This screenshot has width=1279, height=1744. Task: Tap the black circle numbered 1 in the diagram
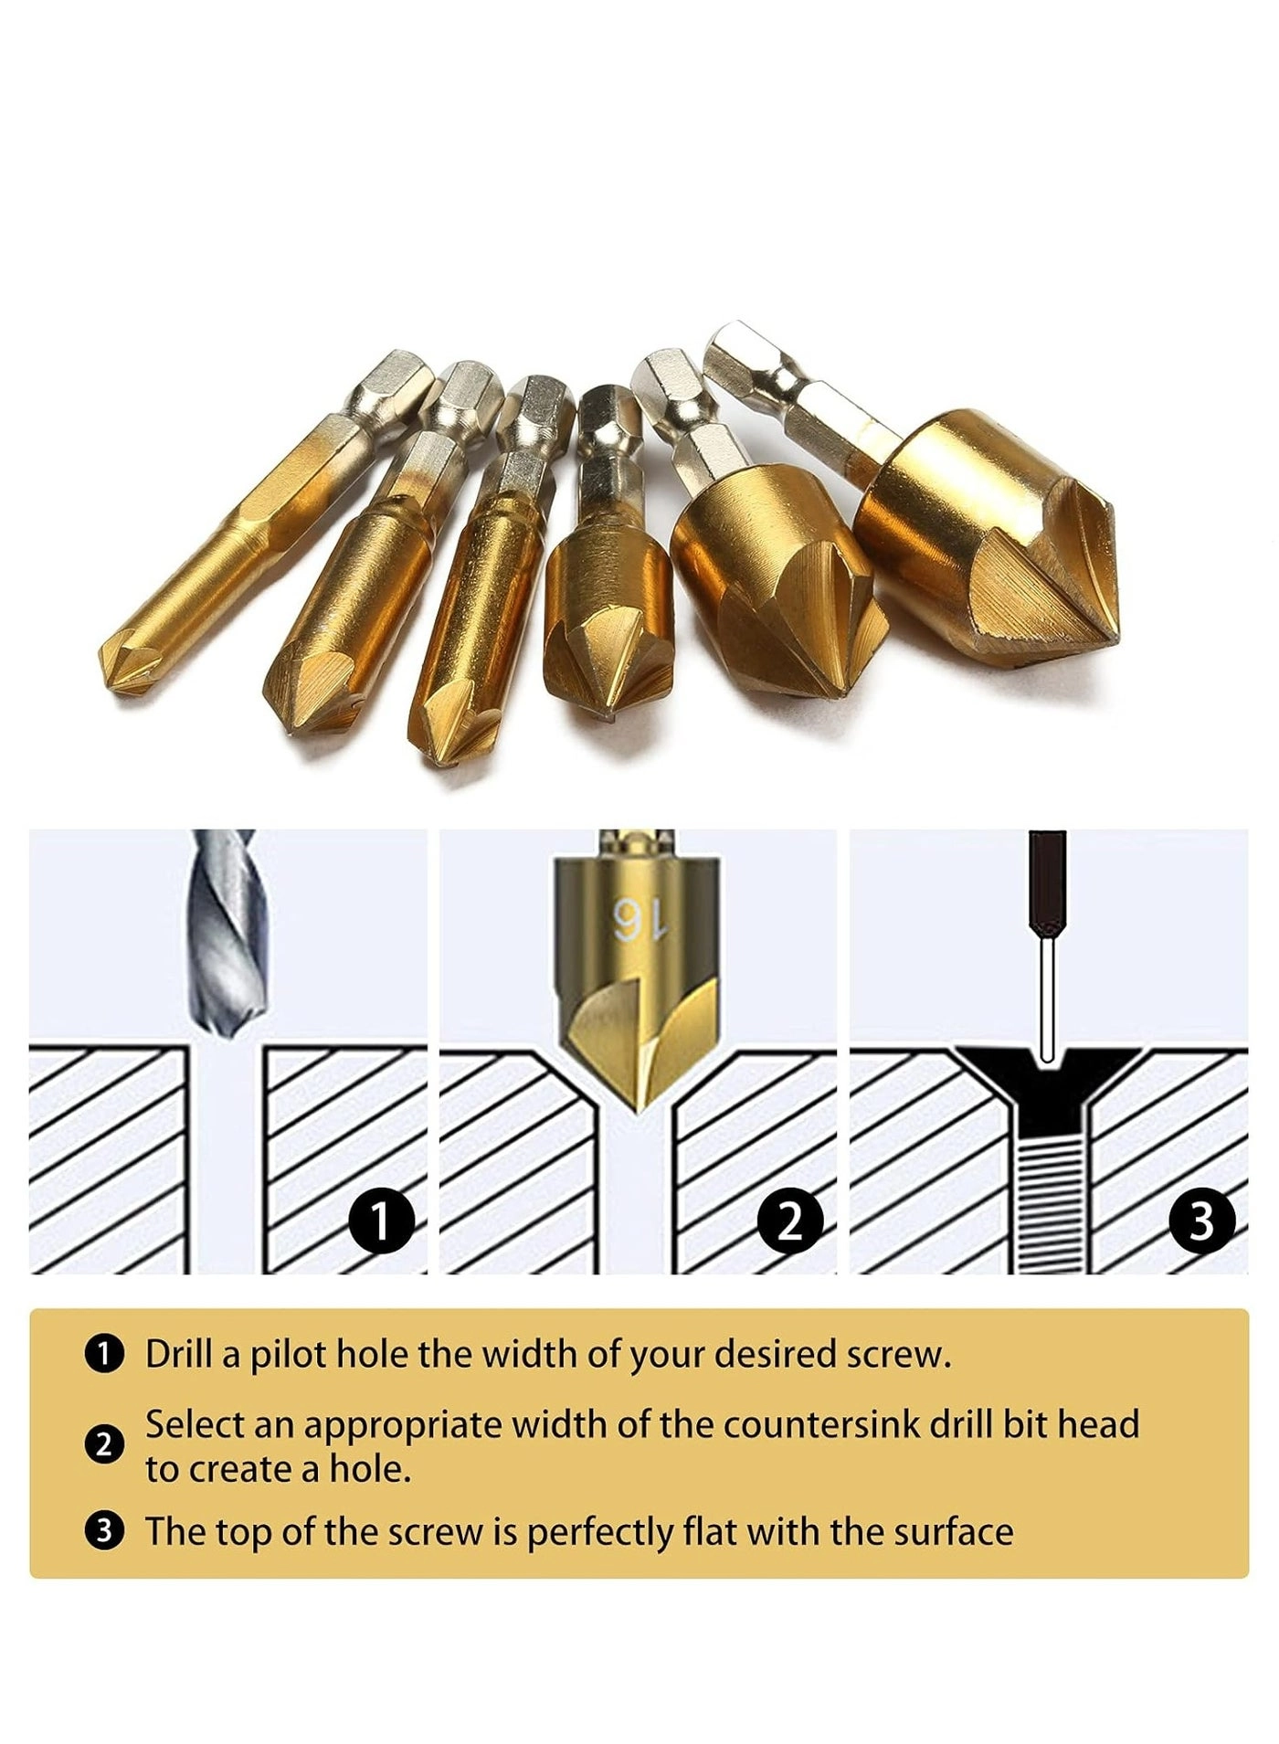pos(382,1221)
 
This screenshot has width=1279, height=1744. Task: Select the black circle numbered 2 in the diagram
pos(791,1221)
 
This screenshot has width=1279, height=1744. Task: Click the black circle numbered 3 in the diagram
pos(1201,1221)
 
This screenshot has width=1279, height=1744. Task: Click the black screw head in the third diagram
pos(1048,1078)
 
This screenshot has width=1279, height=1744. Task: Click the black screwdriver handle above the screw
pos(1048,882)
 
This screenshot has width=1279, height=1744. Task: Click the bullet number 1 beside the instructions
pos(104,1354)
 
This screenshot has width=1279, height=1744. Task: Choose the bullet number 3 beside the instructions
pos(104,1531)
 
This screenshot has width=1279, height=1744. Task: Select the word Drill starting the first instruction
pos(180,1354)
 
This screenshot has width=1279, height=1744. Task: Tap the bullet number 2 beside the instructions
pos(104,1445)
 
